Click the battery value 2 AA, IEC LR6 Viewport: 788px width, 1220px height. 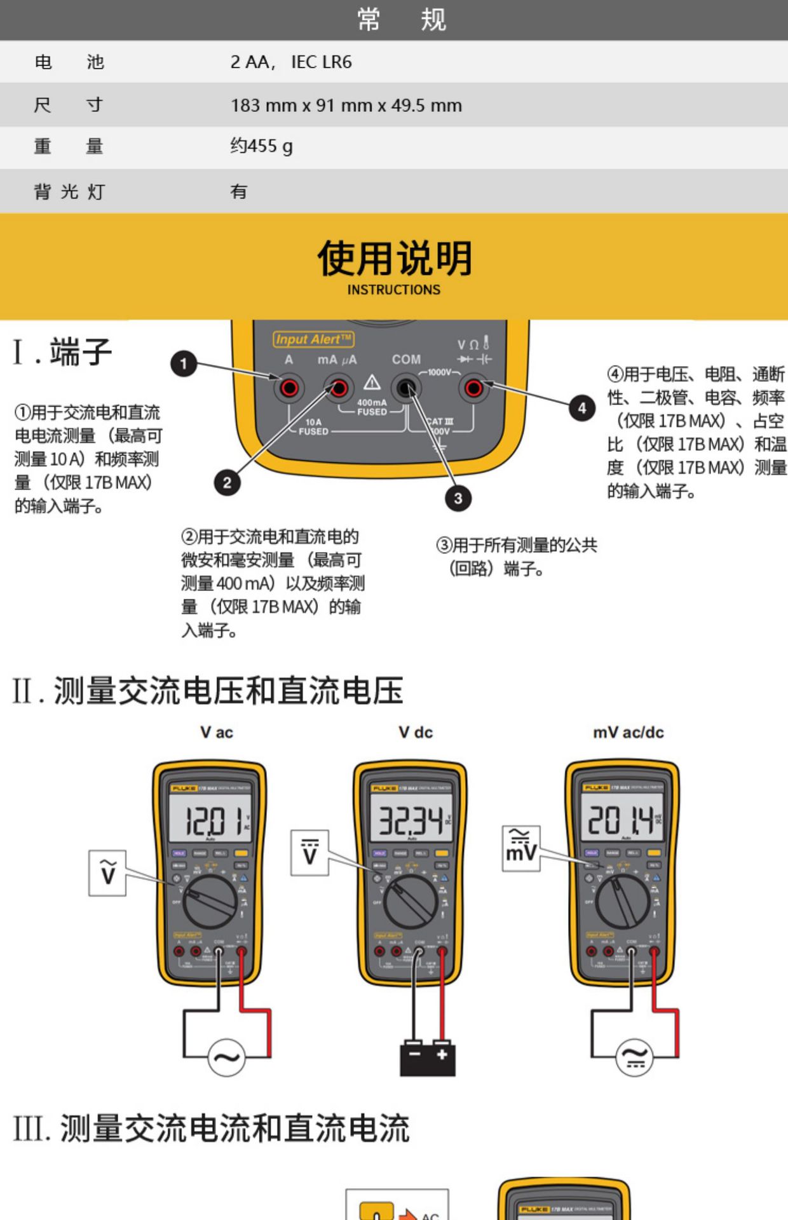(x=291, y=62)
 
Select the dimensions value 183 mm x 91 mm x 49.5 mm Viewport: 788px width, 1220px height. (x=346, y=105)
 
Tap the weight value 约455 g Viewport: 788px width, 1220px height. (x=261, y=146)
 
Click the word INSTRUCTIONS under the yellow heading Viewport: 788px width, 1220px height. (x=393, y=290)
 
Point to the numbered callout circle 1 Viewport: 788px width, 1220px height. (x=184, y=364)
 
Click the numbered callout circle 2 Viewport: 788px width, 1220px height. (x=227, y=483)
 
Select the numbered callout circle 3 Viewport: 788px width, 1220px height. (x=458, y=498)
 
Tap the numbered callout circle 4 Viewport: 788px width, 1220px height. (x=581, y=408)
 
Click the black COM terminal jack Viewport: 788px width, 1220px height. (x=406, y=387)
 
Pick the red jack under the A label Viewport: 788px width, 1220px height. (x=289, y=388)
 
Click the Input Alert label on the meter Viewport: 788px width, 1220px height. (x=313, y=339)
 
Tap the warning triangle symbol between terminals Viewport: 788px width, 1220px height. (x=372, y=383)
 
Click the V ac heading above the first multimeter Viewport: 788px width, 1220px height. (x=217, y=733)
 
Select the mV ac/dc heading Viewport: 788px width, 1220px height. (x=628, y=733)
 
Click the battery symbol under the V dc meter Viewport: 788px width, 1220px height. (x=427, y=1058)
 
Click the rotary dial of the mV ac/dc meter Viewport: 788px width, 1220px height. (x=623, y=901)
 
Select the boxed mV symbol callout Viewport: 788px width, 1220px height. (x=521, y=849)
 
